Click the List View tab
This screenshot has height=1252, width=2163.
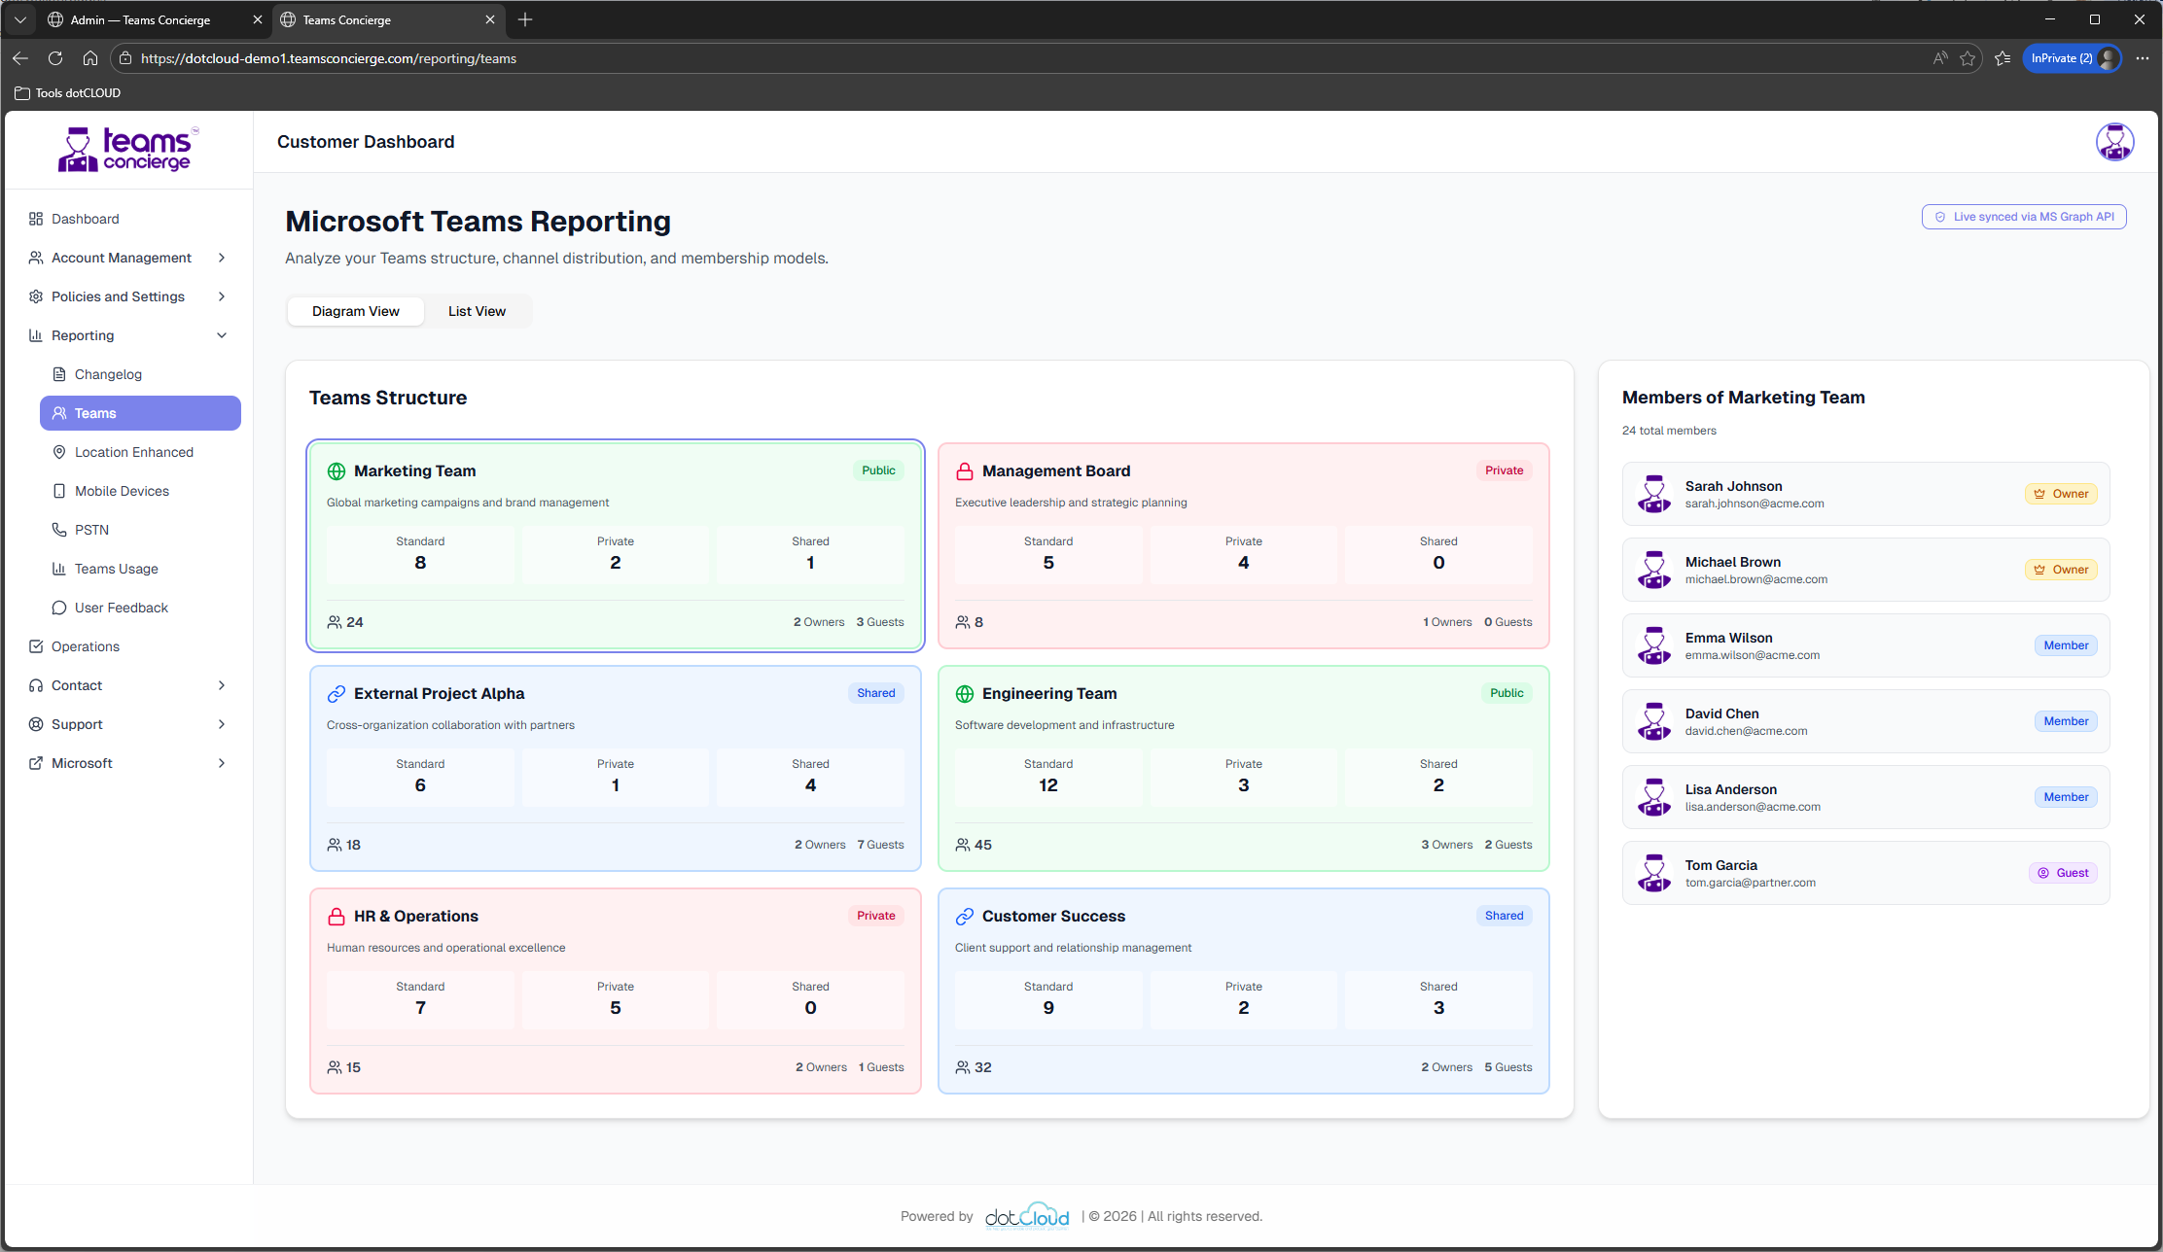477,311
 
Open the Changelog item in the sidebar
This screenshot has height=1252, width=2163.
108,374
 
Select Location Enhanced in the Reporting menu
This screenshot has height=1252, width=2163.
133,452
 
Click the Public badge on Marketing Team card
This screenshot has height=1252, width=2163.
878,470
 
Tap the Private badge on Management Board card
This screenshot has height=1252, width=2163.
1504,470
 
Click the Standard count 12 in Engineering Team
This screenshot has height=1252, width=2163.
1047,785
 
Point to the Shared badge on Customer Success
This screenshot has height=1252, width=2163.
1504,916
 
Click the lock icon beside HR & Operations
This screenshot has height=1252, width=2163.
337,917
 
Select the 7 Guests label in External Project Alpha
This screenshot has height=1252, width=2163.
880,845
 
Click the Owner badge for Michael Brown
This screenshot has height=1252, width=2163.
2061,570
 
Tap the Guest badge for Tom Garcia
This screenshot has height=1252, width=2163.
2063,873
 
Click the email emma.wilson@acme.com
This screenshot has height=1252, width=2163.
1752,655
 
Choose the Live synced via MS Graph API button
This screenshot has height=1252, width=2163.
2023,217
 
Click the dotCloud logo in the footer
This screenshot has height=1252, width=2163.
1026,1216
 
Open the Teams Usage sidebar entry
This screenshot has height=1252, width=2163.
116,569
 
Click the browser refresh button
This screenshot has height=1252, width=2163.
55,58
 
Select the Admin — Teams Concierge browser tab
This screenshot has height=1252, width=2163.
140,19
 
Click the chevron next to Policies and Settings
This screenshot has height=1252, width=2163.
222,296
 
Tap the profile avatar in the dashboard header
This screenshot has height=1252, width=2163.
2114,142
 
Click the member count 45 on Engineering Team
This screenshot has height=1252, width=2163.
982,845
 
